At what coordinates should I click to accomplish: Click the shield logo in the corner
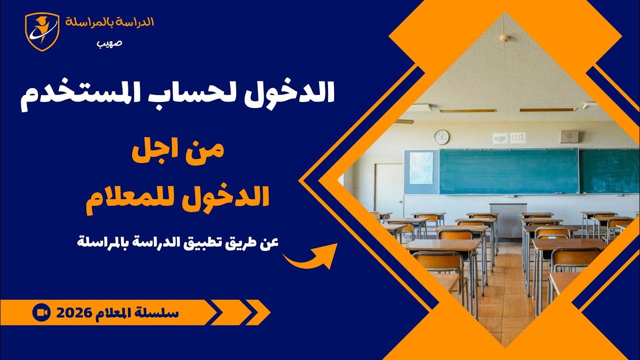click(x=42, y=31)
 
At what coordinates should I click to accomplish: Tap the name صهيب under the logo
click(x=109, y=42)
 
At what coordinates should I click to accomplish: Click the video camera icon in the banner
click(x=41, y=312)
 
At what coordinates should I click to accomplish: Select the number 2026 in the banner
click(x=73, y=313)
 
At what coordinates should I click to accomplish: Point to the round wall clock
click(x=441, y=137)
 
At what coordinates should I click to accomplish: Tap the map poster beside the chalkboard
click(x=421, y=167)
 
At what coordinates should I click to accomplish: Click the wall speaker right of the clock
click(x=569, y=136)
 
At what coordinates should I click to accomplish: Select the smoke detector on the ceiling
click(x=504, y=38)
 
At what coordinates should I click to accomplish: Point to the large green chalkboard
click(x=508, y=171)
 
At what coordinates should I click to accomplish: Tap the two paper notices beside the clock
click(x=509, y=137)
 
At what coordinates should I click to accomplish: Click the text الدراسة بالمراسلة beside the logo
click(x=109, y=22)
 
